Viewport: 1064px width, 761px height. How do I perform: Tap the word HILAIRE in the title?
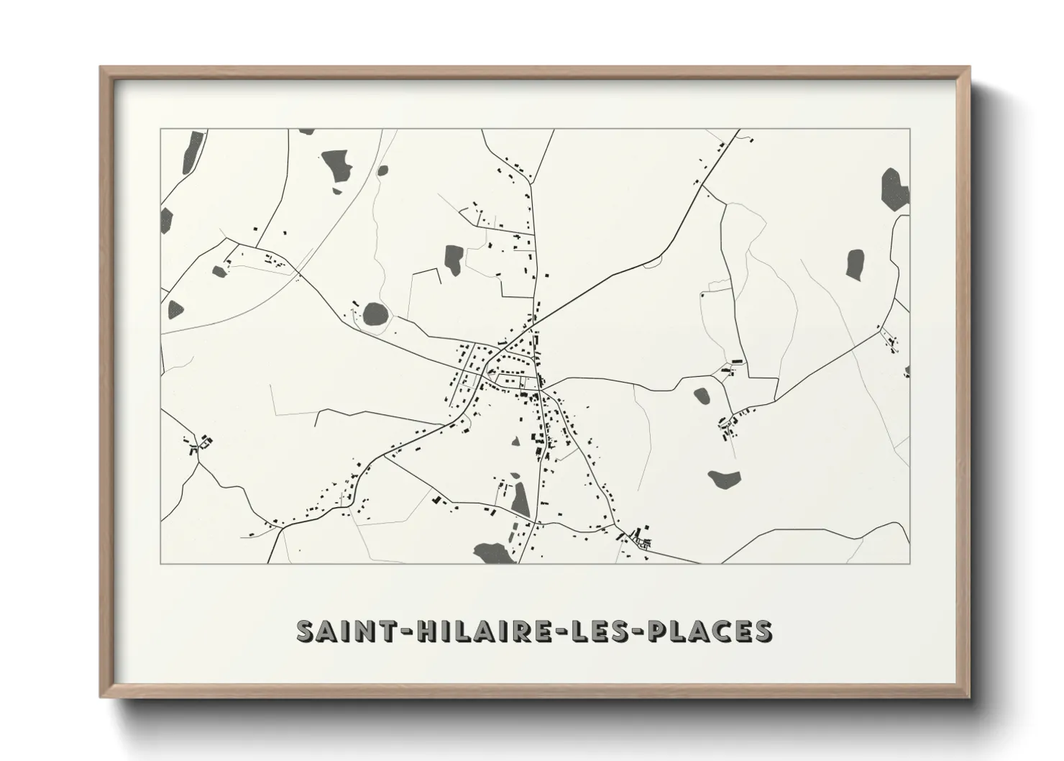click(x=477, y=631)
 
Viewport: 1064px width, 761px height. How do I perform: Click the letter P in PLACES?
click(x=659, y=631)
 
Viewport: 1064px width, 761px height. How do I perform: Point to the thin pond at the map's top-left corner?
click(x=191, y=152)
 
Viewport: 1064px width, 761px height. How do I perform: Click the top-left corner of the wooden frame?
click(x=101, y=68)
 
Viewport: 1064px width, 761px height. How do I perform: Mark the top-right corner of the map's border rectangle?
click(x=909, y=129)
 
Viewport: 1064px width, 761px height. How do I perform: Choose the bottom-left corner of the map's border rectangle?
click(x=161, y=563)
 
